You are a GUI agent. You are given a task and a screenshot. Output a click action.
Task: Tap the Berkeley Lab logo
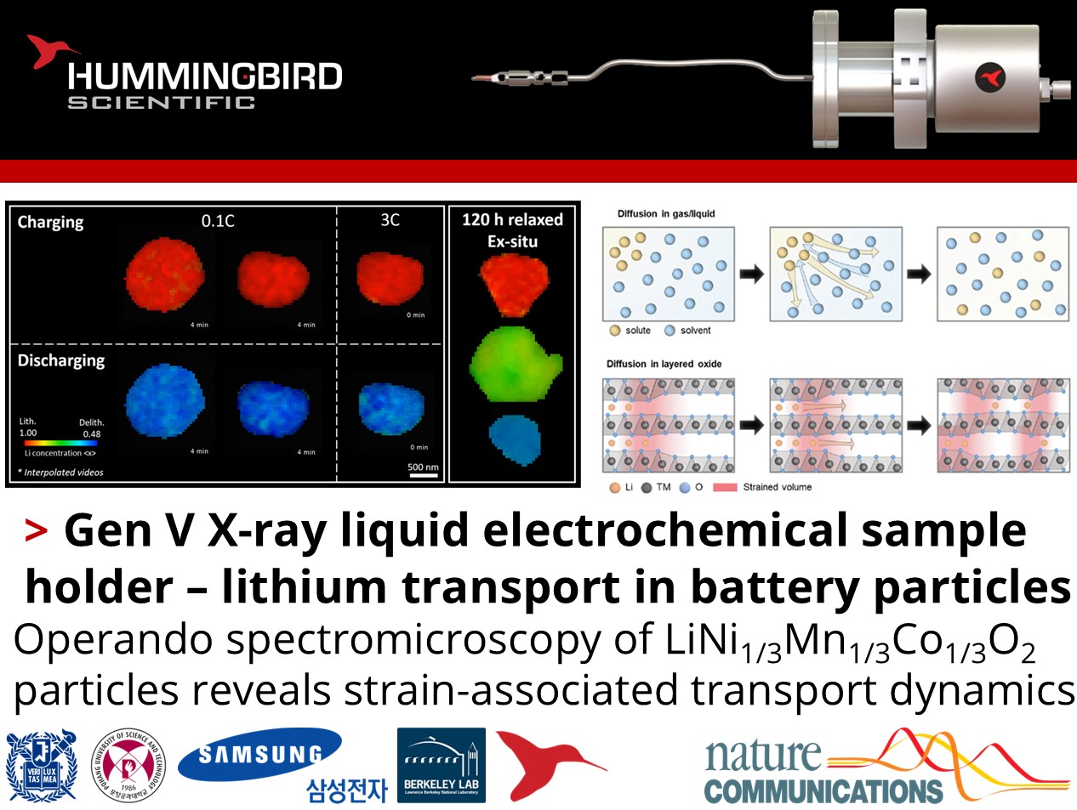click(x=441, y=764)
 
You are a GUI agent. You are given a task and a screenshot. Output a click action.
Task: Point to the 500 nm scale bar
click(x=423, y=476)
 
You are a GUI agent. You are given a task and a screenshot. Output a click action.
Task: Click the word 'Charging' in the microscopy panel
click(x=51, y=222)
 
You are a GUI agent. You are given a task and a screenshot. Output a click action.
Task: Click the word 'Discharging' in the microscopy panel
click(x=61, y=360)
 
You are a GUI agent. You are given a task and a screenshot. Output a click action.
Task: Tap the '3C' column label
click(x=390, y=220)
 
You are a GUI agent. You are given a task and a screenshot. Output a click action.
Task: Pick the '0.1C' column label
click(x=218, y=221)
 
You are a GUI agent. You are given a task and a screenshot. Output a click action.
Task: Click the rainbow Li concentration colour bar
click(x=63, y=443)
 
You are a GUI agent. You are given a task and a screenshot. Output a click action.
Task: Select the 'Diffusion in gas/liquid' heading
click(x=666, y=213)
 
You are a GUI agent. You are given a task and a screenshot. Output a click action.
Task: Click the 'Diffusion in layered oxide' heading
click(x=664, y=364)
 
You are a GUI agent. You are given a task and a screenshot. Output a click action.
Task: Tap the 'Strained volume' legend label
click(x=777, y=487)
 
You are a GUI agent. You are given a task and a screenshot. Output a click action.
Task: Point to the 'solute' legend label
click(x=637, y=331)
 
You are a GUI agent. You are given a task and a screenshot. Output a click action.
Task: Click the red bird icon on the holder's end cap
click(x=989, y=77)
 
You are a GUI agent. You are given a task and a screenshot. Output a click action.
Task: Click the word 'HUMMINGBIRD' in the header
click(x=205, y=76)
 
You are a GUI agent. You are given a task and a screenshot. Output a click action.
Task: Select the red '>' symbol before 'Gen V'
click(x=36, y=531)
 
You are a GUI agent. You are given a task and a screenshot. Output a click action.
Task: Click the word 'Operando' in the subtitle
click(x=112, y=639)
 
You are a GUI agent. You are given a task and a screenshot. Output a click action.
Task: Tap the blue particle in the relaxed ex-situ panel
click(x=514, y=437)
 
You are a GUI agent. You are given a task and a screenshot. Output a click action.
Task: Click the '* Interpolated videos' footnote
click(x=60, y=472)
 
